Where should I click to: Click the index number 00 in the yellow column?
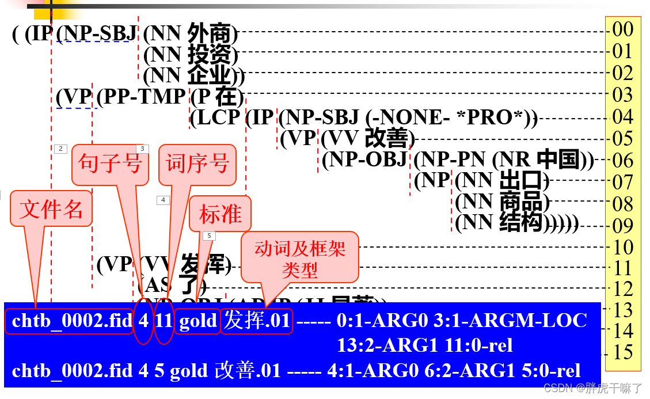[x=623, y=29]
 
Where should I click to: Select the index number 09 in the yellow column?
[x=623, y=225]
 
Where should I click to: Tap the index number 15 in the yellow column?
[x=623, y=352]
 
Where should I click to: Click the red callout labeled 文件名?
[x=51, y=208]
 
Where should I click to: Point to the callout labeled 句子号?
[x=110, y=164]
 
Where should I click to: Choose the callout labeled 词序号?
[x=197, y=164]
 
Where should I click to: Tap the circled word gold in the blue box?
[x=198, y=321]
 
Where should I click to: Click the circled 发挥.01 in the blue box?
[x=257, y=321]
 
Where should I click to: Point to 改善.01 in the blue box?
[x=248, y=370]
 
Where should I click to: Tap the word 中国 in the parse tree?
[x=557, y=159]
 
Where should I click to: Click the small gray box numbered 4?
[x=164, y=200]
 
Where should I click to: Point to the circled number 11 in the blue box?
[x=164, y=321]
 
